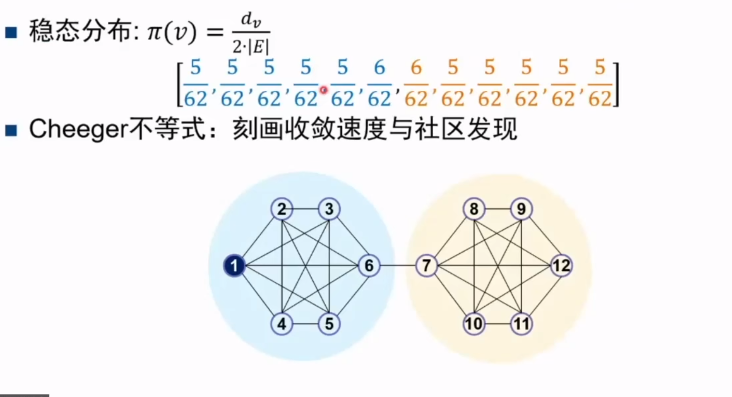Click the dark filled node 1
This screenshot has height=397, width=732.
[x=234, y=266]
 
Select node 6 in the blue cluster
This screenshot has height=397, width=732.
[x=369, y=266]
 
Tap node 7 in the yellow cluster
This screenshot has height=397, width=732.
[x=426, y=266]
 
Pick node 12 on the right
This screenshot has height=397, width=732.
[x=561, y=266]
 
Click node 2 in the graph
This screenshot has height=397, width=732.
[x=282, y=209]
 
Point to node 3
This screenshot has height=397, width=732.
[x=329, y=209]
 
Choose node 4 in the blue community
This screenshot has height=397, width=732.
[x=282, y=323]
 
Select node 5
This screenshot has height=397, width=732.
[x=329, y=323]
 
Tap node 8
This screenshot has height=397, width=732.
[x=474, y=209]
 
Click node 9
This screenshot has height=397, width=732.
[x=521, y=209]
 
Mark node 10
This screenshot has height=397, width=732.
[x=474, y=323]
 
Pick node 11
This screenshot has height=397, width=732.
[x=521, y=323]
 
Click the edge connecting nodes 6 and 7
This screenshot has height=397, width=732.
[x=397, y=266]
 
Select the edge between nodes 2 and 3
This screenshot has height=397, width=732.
[x=306, y=209]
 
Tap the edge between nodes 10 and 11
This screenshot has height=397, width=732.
[x=498, y=323]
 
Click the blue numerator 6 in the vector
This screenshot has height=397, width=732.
[x=379, y=68]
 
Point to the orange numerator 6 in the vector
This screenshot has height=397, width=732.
[x=416, y=68]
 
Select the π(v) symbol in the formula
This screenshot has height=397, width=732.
[x=172, y=32]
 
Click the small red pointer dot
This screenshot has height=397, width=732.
[x=324, y=89]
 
